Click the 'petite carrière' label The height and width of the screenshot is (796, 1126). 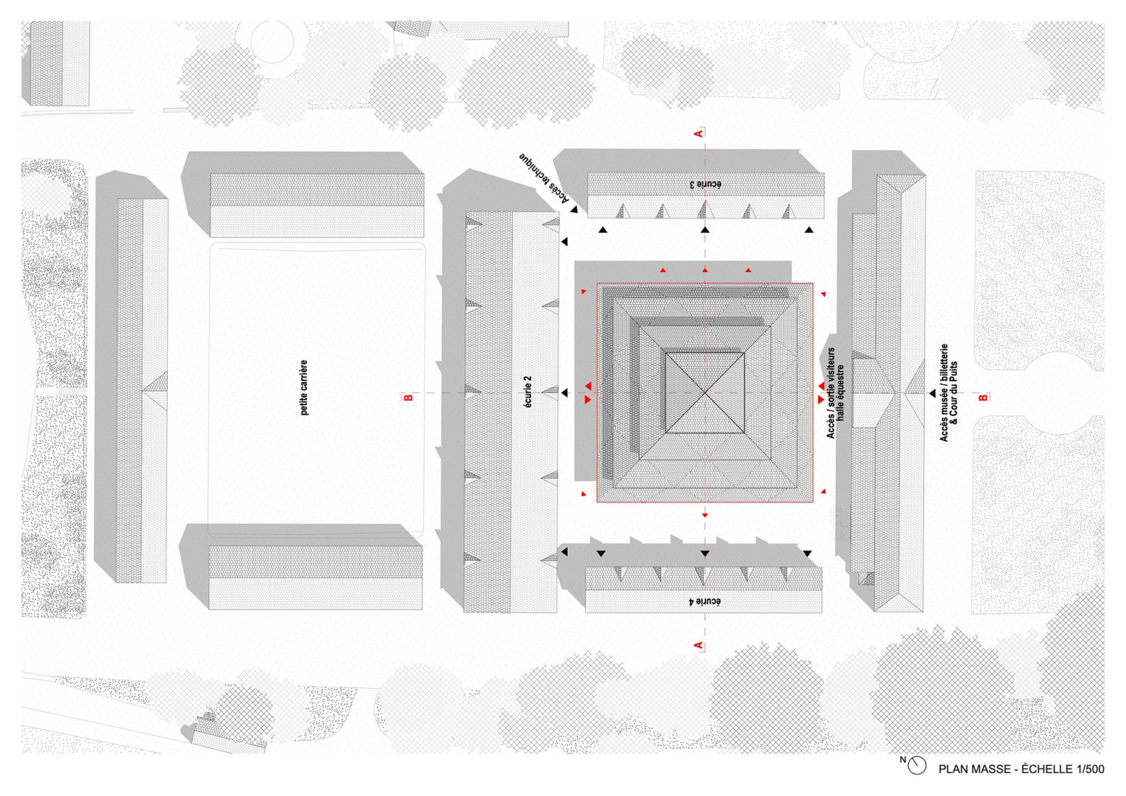coord(304,387)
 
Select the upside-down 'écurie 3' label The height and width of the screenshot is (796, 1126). coord(705,185)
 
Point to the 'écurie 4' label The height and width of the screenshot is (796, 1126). coord(704,601)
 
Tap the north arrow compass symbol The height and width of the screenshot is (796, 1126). coord(918,766)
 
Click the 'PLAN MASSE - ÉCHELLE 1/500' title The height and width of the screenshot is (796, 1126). coord(1021,769)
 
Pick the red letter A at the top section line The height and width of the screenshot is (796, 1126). coord(699,133)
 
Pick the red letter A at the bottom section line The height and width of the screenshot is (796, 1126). coord(699,645)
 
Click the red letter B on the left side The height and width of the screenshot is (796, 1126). coord(409,397)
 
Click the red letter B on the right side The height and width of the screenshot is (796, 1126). coord(983,397)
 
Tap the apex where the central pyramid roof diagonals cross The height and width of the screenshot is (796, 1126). coord(705,392)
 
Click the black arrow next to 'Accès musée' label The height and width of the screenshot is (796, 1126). coord(932,392)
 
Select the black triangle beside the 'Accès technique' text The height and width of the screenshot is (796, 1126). coord(573,210)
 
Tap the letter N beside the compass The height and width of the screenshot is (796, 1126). coord(902,760)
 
